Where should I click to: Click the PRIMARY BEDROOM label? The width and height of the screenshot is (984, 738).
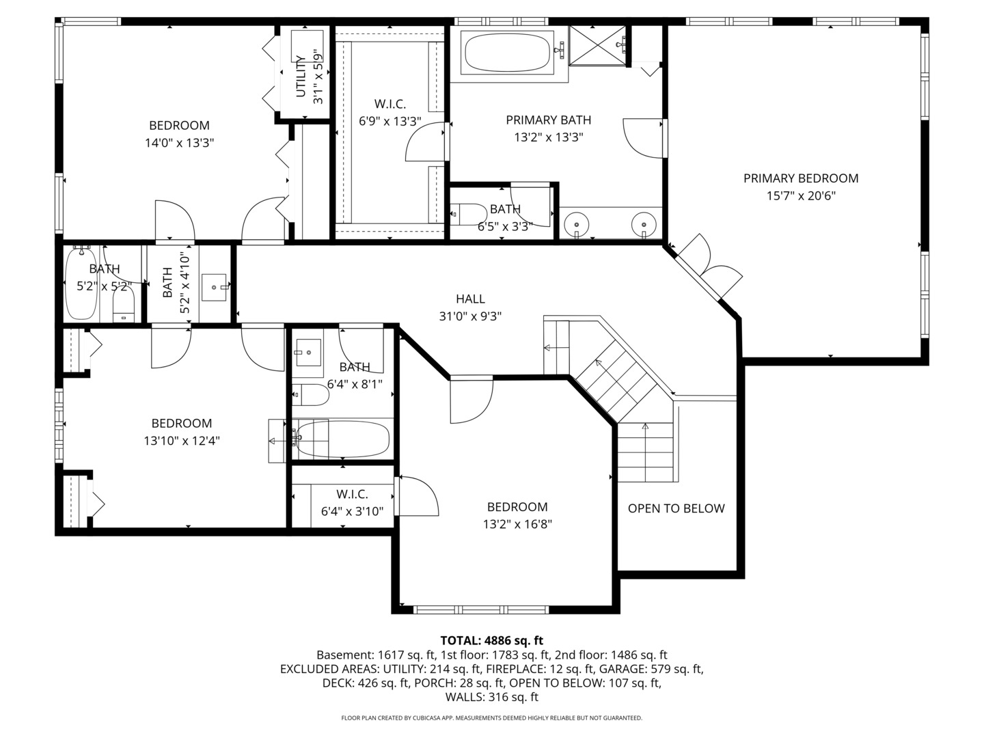(x=800, y=178)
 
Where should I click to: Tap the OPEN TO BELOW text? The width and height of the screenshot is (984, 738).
(x=676, y=508)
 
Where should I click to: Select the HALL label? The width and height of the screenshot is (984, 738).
(x=470, y=299)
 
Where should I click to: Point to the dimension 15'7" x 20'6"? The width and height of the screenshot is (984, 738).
(x=800, y=196)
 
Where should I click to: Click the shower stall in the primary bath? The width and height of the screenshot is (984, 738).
(x=597, y=46)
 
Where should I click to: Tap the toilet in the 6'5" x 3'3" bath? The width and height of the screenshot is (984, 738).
(x=466, y=214)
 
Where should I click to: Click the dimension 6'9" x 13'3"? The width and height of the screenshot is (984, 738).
(x=389, y=122)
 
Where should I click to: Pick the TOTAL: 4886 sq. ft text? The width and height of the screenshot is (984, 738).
(x=491, y=640)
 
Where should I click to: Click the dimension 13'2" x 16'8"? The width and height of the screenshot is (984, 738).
(x=517, y=525)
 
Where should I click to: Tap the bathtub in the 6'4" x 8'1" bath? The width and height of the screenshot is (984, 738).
(x=343, y=439)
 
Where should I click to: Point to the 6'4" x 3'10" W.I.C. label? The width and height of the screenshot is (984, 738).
(x=352, y=494)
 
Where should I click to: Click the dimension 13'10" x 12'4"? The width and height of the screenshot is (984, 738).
(x=181, y=441)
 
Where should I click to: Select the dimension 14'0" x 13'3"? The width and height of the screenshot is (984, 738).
(x=179, y=143)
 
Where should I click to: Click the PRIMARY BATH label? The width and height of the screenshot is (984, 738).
(x=548, y=120)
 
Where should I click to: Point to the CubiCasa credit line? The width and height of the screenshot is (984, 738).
(x=491, y=718)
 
